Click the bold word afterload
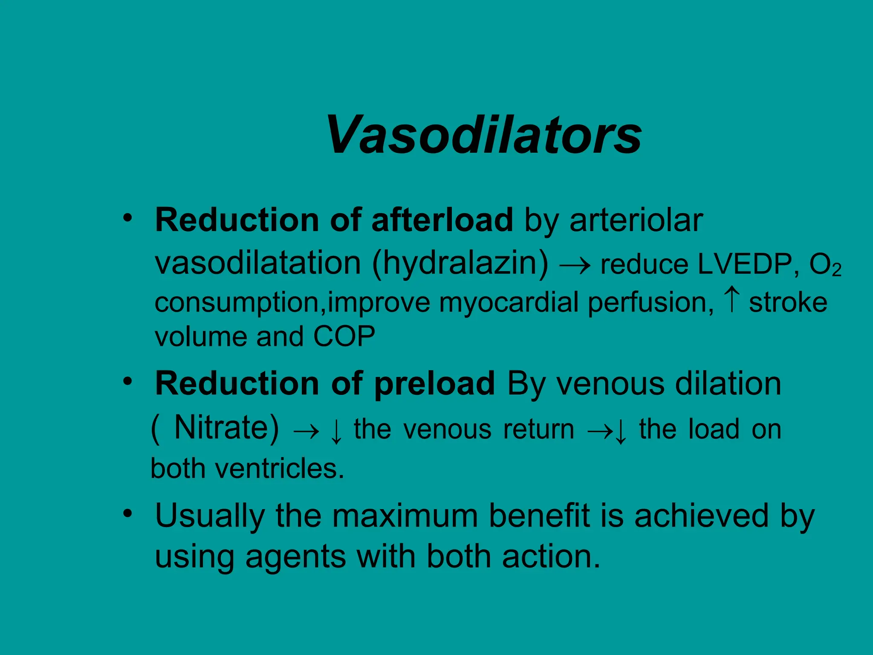pos(442,220)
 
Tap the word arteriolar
pos(636,220)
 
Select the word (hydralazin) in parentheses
pos(460,263)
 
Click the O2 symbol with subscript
pos(825,265)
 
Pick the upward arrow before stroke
pos(731,300)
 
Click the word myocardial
pos(509,303)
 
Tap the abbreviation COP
pos(344,337)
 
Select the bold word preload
pos(434,384)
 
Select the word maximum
pos(405,516)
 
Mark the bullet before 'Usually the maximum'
pos(127,513)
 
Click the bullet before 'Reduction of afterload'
pos(127,218)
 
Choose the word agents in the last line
pos(295,557)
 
